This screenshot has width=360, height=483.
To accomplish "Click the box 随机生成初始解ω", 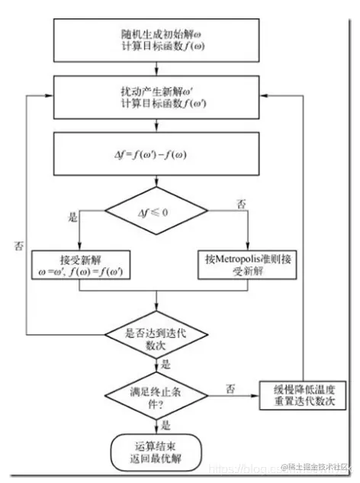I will pos(157,35).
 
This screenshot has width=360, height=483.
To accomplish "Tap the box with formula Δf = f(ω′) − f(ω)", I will pos(157,154).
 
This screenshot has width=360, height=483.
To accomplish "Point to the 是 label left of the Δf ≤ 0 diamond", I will pos(74,217).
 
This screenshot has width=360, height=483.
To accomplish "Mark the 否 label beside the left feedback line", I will pos(18,246).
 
